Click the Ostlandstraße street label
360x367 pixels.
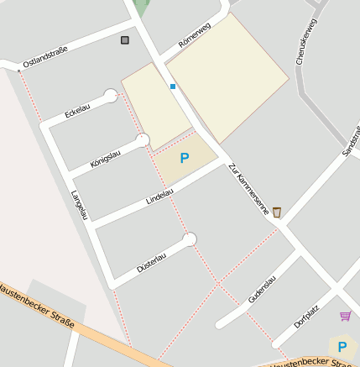tap(46, 56)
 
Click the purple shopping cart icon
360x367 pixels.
tap(345, 316)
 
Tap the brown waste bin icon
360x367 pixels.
tap(277, 212)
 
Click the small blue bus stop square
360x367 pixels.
tap(173, 86)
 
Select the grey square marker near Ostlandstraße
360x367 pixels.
tap(125, 39)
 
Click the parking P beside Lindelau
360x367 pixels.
tap(185, 158)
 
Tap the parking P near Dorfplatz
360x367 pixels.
tap(342, 346)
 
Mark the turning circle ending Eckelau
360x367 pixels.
tap(111, 96)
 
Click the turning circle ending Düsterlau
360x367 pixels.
tap(190, 240)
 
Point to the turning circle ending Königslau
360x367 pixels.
tap(143, 139)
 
